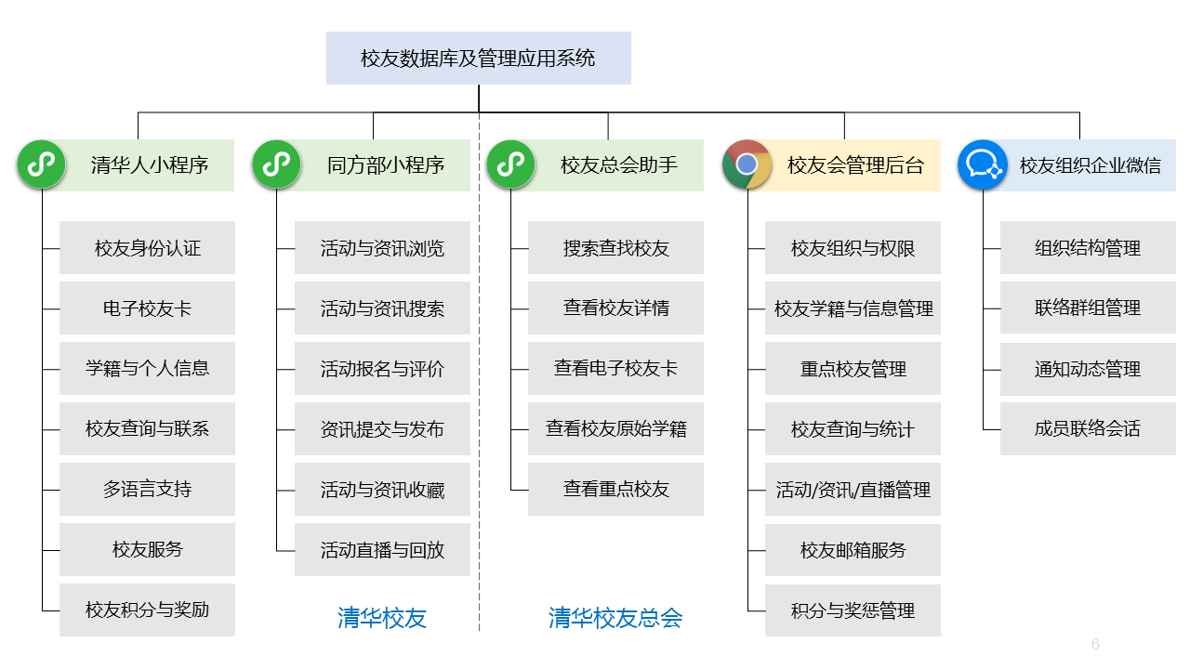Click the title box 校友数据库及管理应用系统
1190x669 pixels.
click(478, 59)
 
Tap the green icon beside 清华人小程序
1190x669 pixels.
click(42, 164)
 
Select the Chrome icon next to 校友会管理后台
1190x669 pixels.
click(747, 164)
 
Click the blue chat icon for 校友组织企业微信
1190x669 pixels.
click(983, 164)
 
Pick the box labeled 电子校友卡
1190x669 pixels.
click(147, 308)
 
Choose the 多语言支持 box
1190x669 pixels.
click(147, 490)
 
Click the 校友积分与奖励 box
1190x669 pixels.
click(147, 610)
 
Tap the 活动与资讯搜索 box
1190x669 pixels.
click(382, 308)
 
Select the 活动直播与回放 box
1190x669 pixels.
click(382, 550)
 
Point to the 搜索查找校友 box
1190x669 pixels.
click(615, 248)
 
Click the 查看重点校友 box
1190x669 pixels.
click(615, 490)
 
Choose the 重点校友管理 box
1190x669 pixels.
click(853, 369)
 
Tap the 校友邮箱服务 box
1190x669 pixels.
click(853, 550)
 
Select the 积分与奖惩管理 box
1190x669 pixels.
click(853, 610)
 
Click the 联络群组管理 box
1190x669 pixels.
click(1088, 308)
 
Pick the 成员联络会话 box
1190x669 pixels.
click(1088, 429)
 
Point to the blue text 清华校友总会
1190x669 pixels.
click(615, 618)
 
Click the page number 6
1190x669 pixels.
click(1095, 644)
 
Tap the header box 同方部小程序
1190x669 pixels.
click(385, 165)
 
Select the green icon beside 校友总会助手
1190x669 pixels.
click(510, 164)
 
